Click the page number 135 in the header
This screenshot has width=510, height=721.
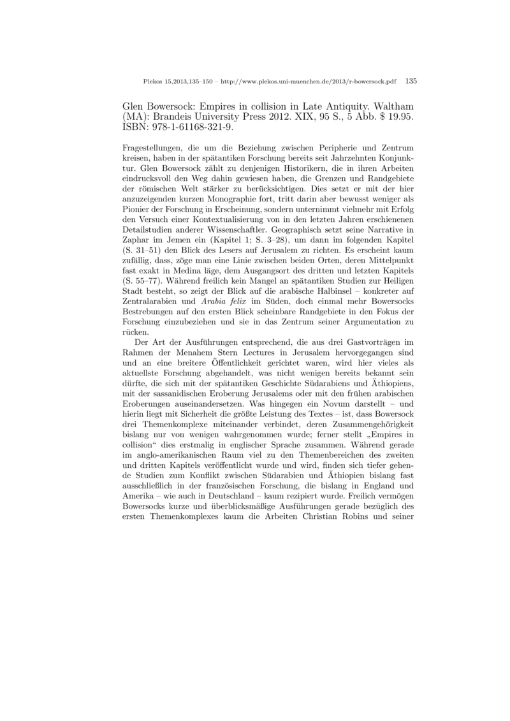411,82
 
